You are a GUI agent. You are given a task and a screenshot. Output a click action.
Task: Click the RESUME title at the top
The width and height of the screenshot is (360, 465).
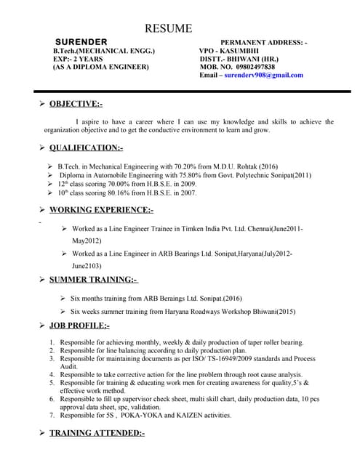coord(169,28)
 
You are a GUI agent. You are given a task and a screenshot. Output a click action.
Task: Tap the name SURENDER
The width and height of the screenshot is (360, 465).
coord(81,42)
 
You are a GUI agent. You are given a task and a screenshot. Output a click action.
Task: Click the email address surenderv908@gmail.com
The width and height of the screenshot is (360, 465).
coord(264,75)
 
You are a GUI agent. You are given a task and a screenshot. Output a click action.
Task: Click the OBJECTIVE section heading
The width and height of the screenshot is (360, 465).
coord(76,105)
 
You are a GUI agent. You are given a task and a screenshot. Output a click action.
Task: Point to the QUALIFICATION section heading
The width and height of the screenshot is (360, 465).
coord(86,147)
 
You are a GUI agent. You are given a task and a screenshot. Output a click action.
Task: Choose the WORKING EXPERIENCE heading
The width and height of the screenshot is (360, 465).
coord(101,210)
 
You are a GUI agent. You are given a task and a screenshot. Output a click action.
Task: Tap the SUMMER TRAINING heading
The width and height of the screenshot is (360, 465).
coord(93,280)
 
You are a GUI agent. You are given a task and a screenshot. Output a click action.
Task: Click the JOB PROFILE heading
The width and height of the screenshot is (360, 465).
coord(79,325)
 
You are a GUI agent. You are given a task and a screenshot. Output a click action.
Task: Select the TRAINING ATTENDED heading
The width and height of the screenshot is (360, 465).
coord(97,433)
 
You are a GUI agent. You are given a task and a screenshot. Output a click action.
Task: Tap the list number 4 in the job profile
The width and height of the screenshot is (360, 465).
coord(52,375)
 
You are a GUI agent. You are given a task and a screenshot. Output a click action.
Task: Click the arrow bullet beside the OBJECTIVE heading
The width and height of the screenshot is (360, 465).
coord(42,105)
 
